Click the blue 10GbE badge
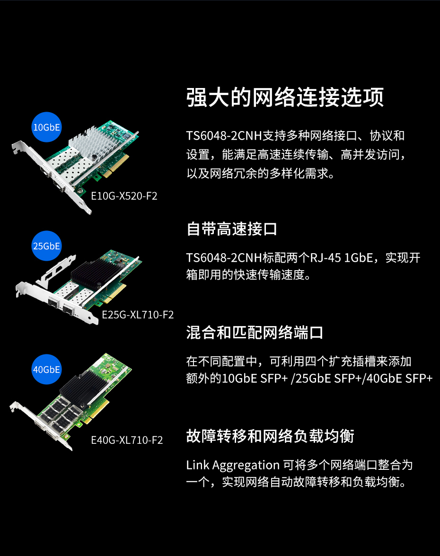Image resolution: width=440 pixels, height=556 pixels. [46, 127]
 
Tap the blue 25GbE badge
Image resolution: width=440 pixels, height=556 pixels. [46, 246]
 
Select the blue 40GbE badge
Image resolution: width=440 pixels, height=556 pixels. [46, 369]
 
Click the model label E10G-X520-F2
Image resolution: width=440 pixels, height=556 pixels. [124, 196]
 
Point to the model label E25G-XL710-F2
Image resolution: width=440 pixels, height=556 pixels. [138, 315]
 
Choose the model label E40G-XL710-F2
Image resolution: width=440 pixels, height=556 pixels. [127, 440]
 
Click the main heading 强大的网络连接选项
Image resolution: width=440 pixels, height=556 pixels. [285, 97]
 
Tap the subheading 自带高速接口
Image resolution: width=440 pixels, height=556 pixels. [231, 229]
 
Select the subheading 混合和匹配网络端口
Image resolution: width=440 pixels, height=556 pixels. [255, 332]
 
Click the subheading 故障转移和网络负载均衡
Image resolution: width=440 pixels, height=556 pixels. [270, 436]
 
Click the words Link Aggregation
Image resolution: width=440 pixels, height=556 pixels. [233, 465]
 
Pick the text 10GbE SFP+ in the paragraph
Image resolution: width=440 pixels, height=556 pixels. [255, 379]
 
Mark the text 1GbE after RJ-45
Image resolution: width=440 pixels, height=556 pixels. [359, 257]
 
